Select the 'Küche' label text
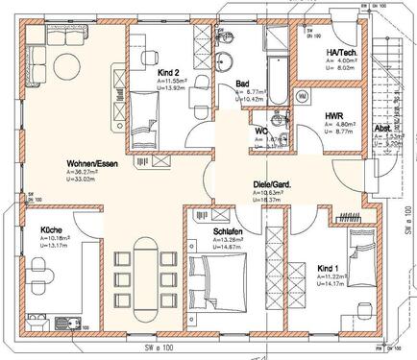click(52, 231)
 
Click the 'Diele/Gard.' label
click(273, 184)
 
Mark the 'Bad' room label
click(243, 84)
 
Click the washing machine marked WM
click(302, 96)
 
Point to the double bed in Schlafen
click(226, 278)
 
